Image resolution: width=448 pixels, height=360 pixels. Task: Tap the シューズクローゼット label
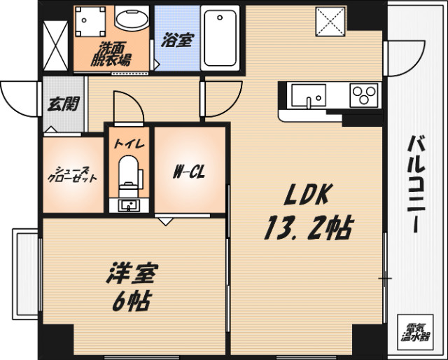point(71,174)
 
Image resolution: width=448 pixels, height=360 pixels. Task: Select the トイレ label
point(129,144)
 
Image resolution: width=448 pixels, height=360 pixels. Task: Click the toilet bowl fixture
point(128,171)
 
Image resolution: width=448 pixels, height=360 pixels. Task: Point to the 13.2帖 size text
point(307,228)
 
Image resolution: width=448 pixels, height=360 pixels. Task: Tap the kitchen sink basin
point(309,95)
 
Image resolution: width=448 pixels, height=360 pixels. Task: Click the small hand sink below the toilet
point(129,205)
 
